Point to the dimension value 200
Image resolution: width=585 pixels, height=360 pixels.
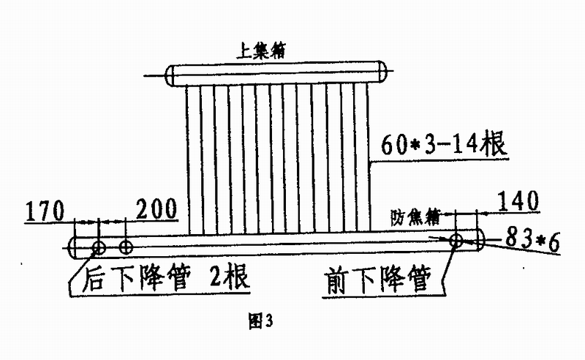point(156,210)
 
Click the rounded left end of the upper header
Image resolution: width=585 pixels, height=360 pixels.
point(170,75)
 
